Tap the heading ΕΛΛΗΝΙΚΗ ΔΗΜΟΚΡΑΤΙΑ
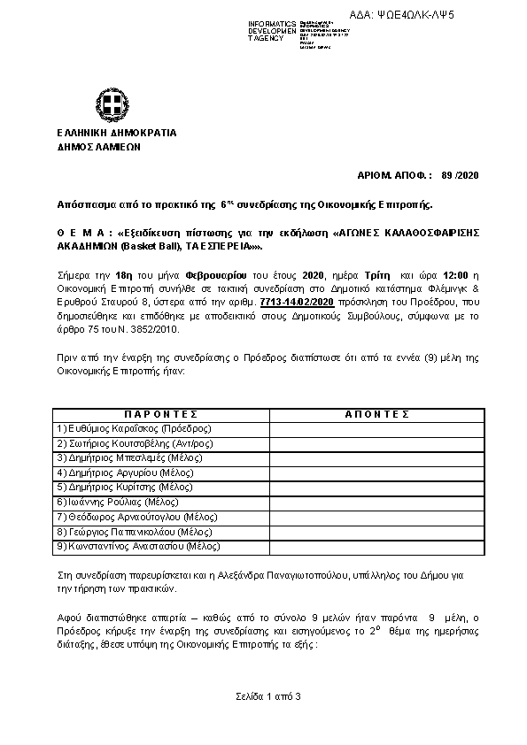(115, 133)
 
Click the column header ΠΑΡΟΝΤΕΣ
(160, 413)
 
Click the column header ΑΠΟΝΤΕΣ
(374, 413)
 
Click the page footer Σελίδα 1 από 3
(263, 697)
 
